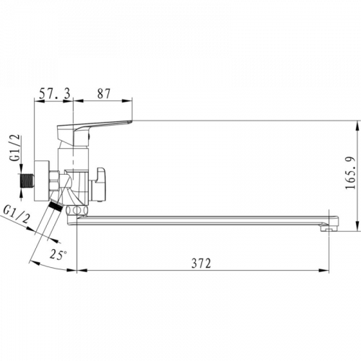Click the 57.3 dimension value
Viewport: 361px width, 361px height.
pos(55,93)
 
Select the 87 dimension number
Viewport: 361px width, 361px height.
pos(104,93)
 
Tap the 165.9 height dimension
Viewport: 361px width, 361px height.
pos(350,173)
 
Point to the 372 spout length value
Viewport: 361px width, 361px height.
pos(201,263)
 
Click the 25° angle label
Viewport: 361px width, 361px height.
pos(58,254)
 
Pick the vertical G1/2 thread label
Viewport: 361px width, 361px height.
pos(16,147)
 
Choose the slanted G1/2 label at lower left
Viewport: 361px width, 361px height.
pos(17,214)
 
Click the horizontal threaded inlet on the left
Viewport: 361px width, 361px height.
pos(27,181)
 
